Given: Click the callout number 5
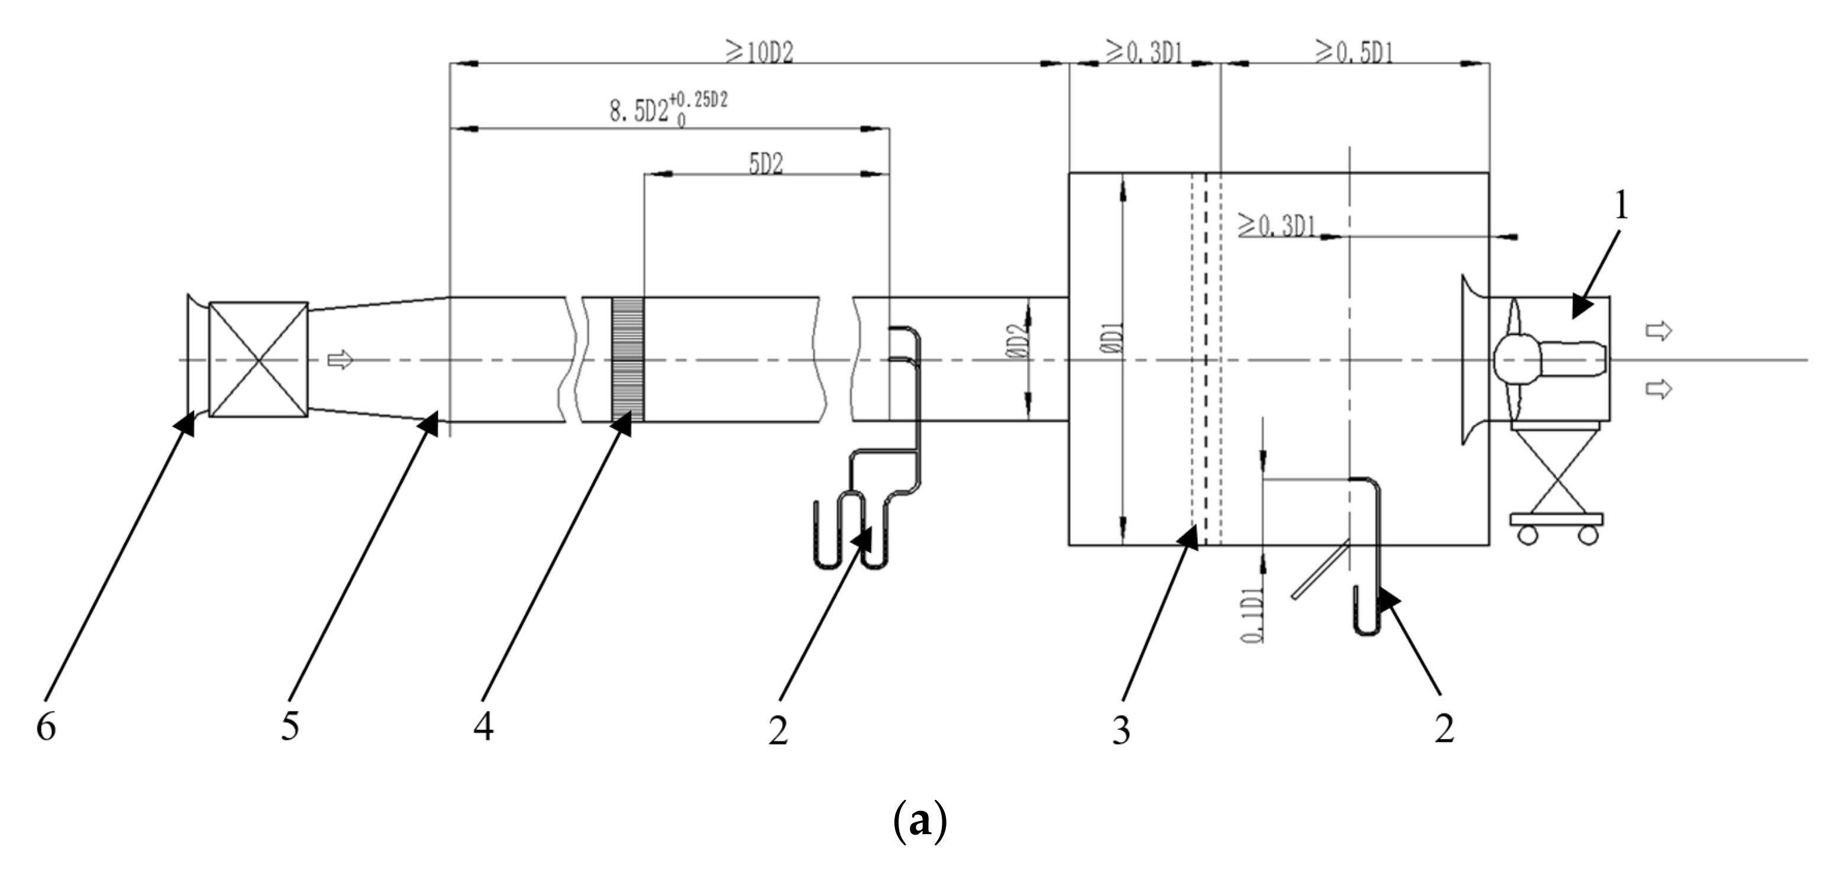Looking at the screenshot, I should [x=290, y=727].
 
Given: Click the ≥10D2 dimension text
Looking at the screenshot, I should [x=760, y=53].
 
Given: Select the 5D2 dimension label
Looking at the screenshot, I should [x=766, y=165].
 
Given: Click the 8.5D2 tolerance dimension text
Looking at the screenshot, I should [x=668, y=111].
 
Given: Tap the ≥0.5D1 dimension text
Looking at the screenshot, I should [x=1355, y=52].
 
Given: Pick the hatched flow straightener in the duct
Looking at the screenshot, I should [x=628, y=360].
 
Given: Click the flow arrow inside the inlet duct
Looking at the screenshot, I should [x=340, y=359].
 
